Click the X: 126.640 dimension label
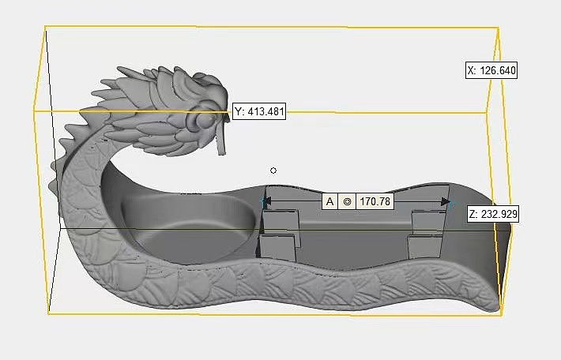click(x=491, y=70)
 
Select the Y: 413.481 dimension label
click(x=259, y=111)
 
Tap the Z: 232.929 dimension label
click(x=493, y=214)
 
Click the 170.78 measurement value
click(x=375, y=201)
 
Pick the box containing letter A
click(x=329, y=201)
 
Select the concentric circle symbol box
click(x=347, y=201)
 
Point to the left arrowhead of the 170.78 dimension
click(x=266, y=202)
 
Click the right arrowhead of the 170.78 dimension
click(x=446, y=202)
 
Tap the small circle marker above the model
click(x=273, y=171)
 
